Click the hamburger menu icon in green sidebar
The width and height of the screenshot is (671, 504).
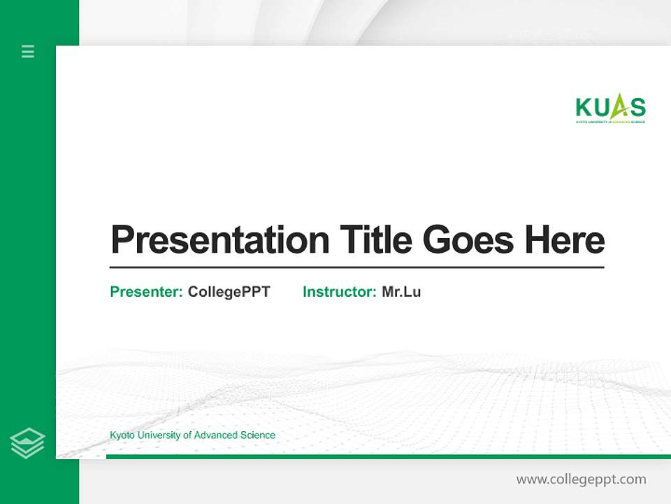pos(28,51)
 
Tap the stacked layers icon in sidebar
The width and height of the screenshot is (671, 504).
pos(27,443)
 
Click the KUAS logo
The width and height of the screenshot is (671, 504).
pos(610,109)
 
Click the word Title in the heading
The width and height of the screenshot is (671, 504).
pos(375,239)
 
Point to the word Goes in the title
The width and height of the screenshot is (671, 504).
pos(468,240)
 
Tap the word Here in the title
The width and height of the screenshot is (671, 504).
pos(565,239)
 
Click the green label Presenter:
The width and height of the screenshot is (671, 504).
pos(147,292)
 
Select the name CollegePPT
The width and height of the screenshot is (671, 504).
pos(229,292)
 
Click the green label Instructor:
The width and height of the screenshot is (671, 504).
pos(340,292)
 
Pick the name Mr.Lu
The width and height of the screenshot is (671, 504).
pos(401,292)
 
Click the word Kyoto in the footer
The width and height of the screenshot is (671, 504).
pos(122,435)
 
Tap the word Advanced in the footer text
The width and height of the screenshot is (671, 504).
pos(216,435)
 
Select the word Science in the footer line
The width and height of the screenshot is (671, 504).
pos(258,435)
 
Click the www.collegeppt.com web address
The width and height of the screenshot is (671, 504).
pos(581,479)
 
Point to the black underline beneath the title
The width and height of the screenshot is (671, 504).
pos(356,267)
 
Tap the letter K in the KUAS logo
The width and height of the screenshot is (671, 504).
pos(584,108)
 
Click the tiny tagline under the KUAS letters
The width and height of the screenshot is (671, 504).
pos(610,122)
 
